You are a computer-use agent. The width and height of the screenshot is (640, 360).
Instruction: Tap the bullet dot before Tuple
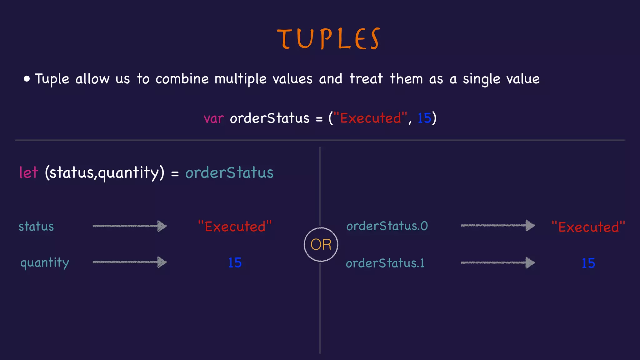click(27, 79)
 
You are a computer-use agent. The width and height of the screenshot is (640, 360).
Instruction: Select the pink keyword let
click(28, 172)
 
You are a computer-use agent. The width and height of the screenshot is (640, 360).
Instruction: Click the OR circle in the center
click(321, 244)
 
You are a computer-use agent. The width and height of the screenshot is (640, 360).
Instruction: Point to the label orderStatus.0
click(387, 226)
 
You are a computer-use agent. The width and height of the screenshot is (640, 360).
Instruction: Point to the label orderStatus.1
click(385, 263)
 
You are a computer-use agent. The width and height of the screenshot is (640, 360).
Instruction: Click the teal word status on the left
click(36, 227)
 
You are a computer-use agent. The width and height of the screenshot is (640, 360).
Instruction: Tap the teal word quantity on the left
click(44, 263)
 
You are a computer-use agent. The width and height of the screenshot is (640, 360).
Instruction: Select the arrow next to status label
click(130, 226)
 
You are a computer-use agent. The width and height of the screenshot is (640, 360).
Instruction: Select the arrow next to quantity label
click(130, 262)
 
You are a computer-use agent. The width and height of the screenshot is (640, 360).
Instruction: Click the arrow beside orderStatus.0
click(498, 225)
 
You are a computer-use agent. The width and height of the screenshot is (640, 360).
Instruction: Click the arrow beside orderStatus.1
click(498, 262)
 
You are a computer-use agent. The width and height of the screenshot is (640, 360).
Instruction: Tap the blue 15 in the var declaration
click(424, 118)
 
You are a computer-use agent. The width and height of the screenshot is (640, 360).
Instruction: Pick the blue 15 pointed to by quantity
click(235, 263)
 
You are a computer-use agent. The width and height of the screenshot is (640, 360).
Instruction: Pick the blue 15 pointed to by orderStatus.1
click(588, 263)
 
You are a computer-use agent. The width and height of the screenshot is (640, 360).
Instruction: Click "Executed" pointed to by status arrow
click(235, 227)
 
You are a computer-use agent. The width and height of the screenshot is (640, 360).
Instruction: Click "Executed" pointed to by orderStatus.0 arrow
click(588, 227)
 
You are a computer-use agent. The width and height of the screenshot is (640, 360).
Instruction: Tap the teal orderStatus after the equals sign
click(229, 173)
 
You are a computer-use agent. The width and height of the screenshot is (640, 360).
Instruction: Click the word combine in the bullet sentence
click(182, 79)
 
